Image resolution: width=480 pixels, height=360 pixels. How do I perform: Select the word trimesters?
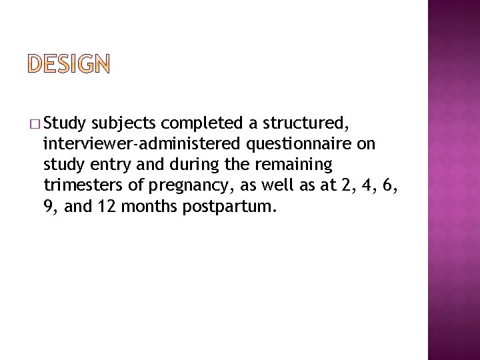pos(77,186)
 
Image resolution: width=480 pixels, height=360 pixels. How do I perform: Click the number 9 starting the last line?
pos(48,207)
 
